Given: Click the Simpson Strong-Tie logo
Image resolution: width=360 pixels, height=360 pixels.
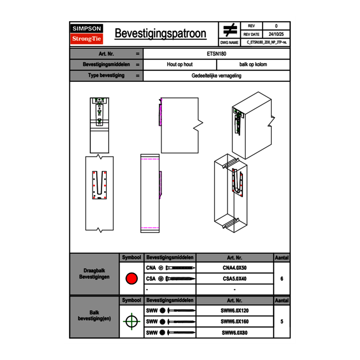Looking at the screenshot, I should tap(87, 34).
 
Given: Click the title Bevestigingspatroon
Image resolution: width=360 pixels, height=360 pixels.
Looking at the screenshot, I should tap(160, 34).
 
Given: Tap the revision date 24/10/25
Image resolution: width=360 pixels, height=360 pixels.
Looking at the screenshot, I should tap(276, 34).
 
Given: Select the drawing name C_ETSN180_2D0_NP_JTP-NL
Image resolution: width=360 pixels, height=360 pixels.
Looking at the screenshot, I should tap(266, 42).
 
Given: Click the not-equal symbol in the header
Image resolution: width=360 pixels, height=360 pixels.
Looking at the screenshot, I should tap(230, 30).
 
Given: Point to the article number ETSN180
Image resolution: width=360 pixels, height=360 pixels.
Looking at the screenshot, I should tap(217, 54).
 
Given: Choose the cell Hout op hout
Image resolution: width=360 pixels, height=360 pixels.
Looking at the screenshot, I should tap(180, 65).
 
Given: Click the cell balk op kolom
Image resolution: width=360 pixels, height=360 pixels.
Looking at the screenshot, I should tap(253, 65).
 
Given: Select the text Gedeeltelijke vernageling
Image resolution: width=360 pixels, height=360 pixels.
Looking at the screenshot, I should tap(216, 76).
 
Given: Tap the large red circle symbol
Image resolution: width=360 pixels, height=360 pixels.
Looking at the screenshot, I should tap(131, 279).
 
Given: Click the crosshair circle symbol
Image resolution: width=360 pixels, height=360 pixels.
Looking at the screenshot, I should tap(131, 322).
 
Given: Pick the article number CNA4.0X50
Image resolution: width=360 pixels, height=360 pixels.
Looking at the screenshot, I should tap(234, 268).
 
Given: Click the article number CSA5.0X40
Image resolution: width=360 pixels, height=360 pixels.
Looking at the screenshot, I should tap(234, 279).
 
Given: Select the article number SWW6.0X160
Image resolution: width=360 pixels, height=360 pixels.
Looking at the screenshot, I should tap(234, 322).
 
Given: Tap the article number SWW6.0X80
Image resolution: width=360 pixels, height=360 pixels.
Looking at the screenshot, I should tap(234, 333).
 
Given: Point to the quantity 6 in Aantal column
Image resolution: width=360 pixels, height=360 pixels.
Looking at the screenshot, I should tap(282, 279).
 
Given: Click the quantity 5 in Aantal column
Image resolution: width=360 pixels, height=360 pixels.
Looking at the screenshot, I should tap(282, 322).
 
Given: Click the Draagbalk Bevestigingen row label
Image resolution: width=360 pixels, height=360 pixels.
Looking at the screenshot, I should tap(94, 274).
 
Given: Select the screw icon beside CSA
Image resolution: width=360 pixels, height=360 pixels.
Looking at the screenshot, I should tap(179, 279).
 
